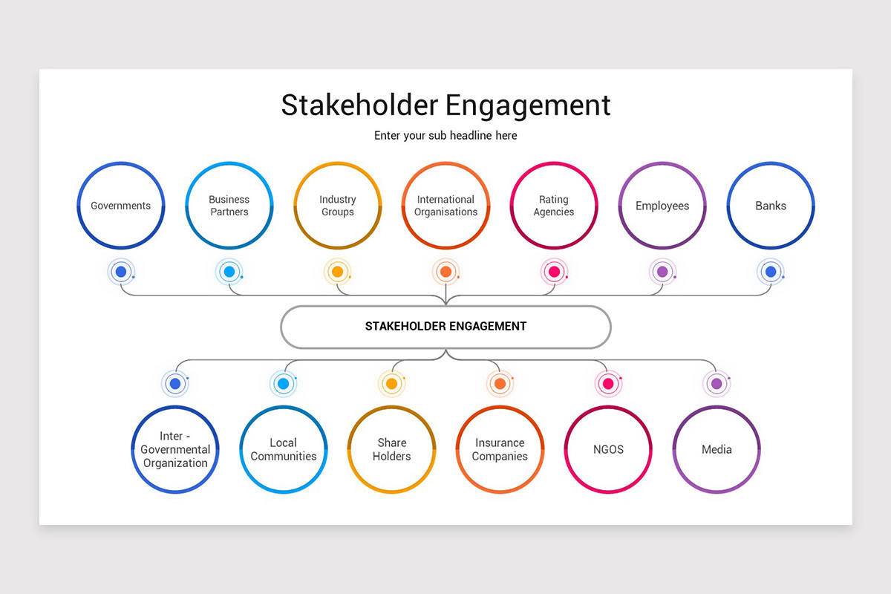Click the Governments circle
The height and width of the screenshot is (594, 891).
tap(121, 206)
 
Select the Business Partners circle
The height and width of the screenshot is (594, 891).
tap(229, 206)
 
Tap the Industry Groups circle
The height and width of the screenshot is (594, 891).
tap(338, 206)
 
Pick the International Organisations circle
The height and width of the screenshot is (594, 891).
tap(446, 206)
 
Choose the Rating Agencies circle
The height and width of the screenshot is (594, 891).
tap(554, 206)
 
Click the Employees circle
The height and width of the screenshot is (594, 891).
tap(662, 206)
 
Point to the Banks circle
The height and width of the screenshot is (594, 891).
tap(771, 206)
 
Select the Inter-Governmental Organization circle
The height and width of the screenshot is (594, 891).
tap(175, 449)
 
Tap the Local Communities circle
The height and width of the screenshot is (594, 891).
tap(284, 449)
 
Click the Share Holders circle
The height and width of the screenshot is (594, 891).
tap(391, 449)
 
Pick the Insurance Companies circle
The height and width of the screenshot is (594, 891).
tap(500, 449)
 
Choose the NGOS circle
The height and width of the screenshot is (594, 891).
tap(608, 449)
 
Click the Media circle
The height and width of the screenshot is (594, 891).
tap(717, 449)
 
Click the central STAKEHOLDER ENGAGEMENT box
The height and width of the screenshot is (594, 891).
tap(446, 327)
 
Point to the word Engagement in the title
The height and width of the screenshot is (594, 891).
tap(529, 105)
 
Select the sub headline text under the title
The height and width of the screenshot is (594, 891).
tap(446, 136)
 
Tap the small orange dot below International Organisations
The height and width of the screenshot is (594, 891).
tap(446, 272)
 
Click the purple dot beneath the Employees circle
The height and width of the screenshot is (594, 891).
tap(662, 272)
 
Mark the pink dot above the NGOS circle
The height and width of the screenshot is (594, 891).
tap(608, 384)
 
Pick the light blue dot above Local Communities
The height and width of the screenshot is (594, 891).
tap(283, 384)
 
